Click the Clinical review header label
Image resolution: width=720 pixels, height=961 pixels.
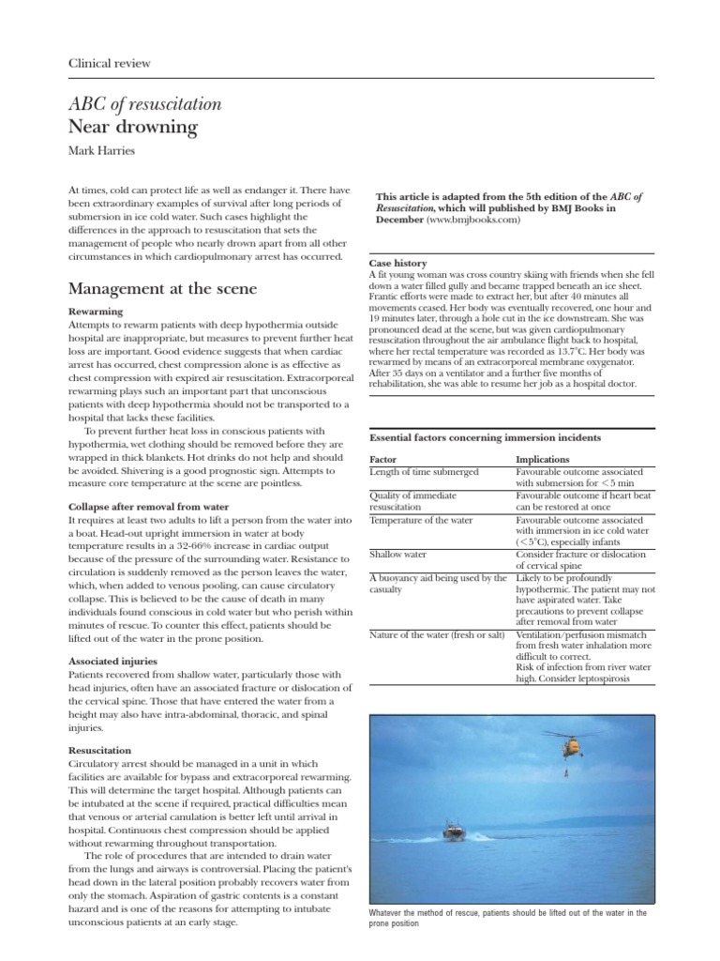point(110,63)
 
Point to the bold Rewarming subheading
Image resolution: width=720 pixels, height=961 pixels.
point(98,311)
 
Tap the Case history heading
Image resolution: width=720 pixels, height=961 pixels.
point(399,265)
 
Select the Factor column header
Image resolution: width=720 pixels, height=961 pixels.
point(384,459)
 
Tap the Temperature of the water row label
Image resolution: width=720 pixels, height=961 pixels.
point(424,518)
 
